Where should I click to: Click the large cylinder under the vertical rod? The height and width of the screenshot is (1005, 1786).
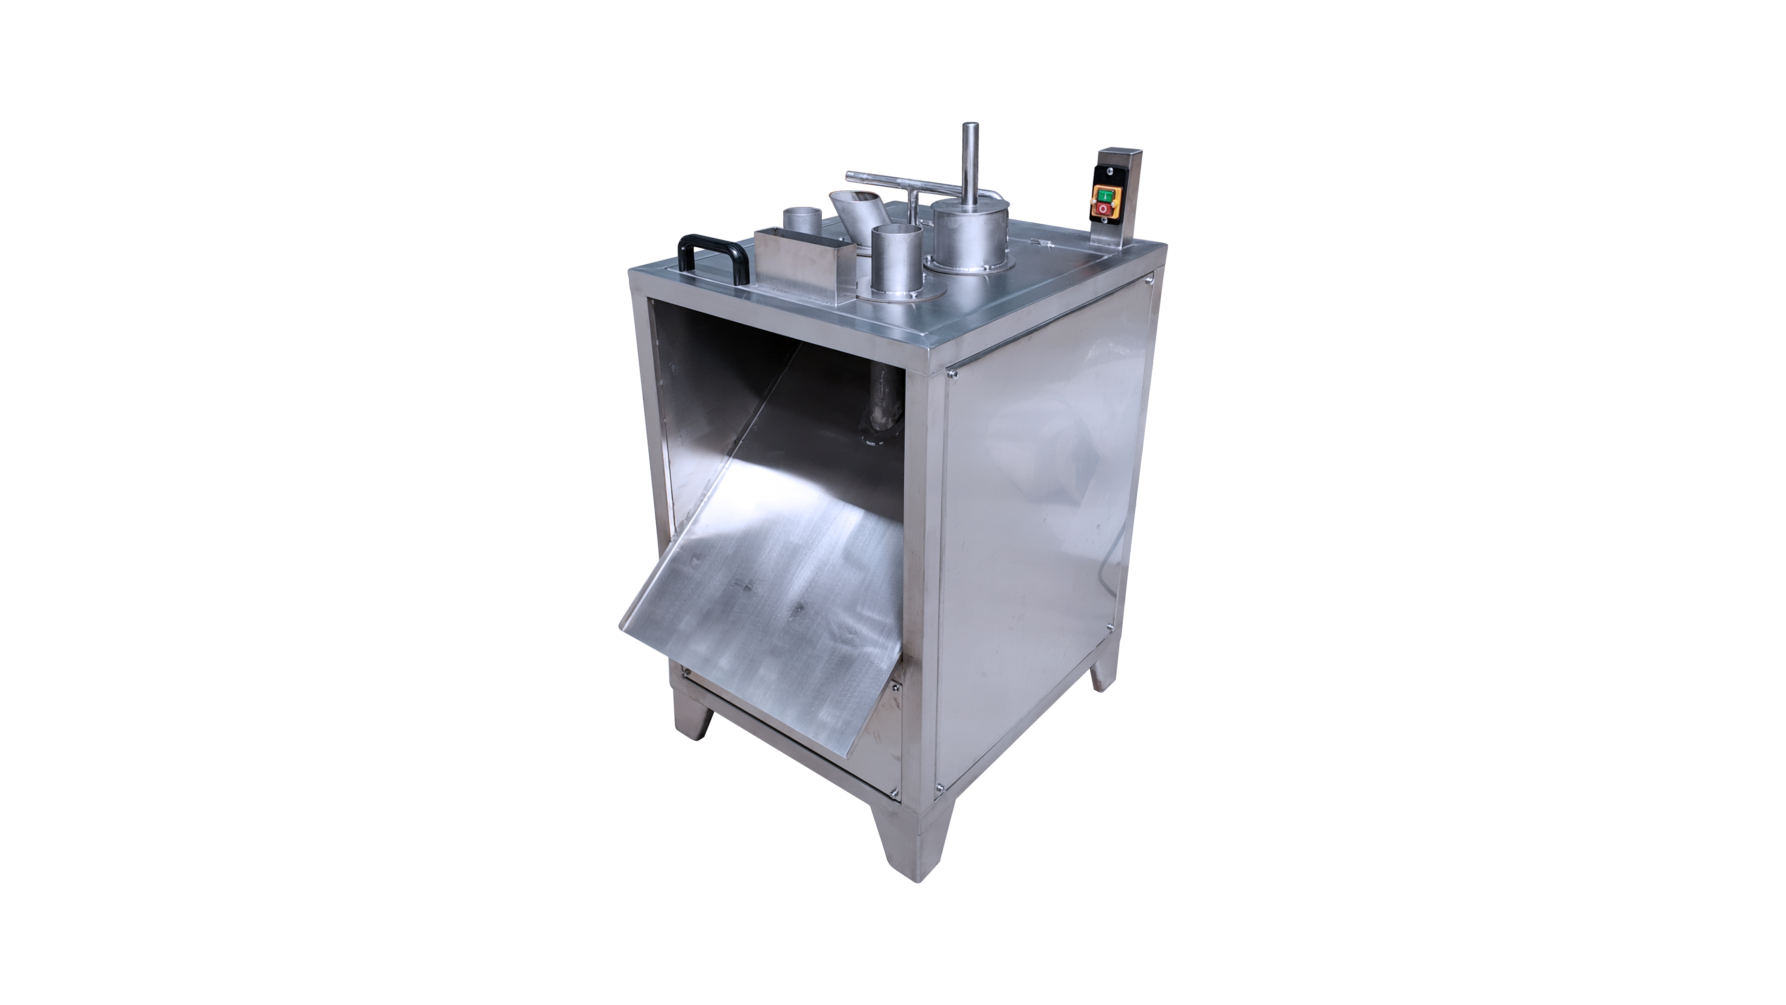coord(969,236)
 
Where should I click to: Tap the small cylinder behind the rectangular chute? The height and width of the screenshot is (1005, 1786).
coord(802,221)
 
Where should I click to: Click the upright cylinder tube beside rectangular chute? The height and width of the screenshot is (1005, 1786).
coord(896,260)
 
